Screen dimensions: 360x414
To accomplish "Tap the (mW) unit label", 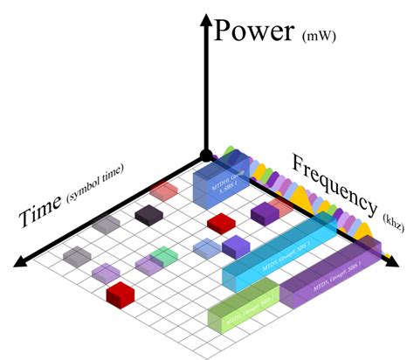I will pyautogui.click(x=324, y=38).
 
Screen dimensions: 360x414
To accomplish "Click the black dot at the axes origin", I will pyautogui.click(x=205, y=156).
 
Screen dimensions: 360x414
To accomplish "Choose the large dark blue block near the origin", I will pyautogui.click(x=220, y=186).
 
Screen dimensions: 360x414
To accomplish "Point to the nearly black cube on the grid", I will pyautogui.click(x=148, y=215).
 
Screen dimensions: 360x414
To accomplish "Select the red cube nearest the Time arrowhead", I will pyautogui.click(x=119, y=293).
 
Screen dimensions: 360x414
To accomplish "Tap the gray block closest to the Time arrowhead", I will pyautogui.click(x=76, y=256).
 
